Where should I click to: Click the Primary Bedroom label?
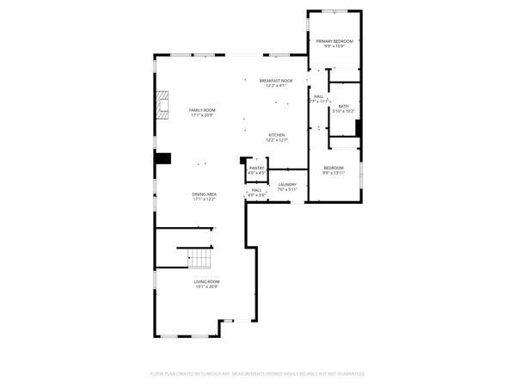(x=335, y=41)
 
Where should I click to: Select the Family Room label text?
(x=203, y=110)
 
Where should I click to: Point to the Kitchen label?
(x=277, y=135)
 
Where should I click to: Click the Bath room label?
(x=343, y=106)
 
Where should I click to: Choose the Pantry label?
(x=256, y=169)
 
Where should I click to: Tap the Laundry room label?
(x=286, y=184)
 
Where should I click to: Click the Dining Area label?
(x=204, y=194)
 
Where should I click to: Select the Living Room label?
(x=206, y=282)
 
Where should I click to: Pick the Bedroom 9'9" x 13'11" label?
(x=334, y=168)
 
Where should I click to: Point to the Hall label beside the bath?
(x=318, y=96)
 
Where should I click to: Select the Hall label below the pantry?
(x=256, y=190)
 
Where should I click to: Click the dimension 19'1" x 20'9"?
(x=206, y=287)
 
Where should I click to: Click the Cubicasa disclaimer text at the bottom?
(x=258, y=374)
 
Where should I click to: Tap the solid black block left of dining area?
(x=163, y=158)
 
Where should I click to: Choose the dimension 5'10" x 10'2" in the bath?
(x=343, y=111)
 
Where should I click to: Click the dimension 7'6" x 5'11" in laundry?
(x=286, y=189)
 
